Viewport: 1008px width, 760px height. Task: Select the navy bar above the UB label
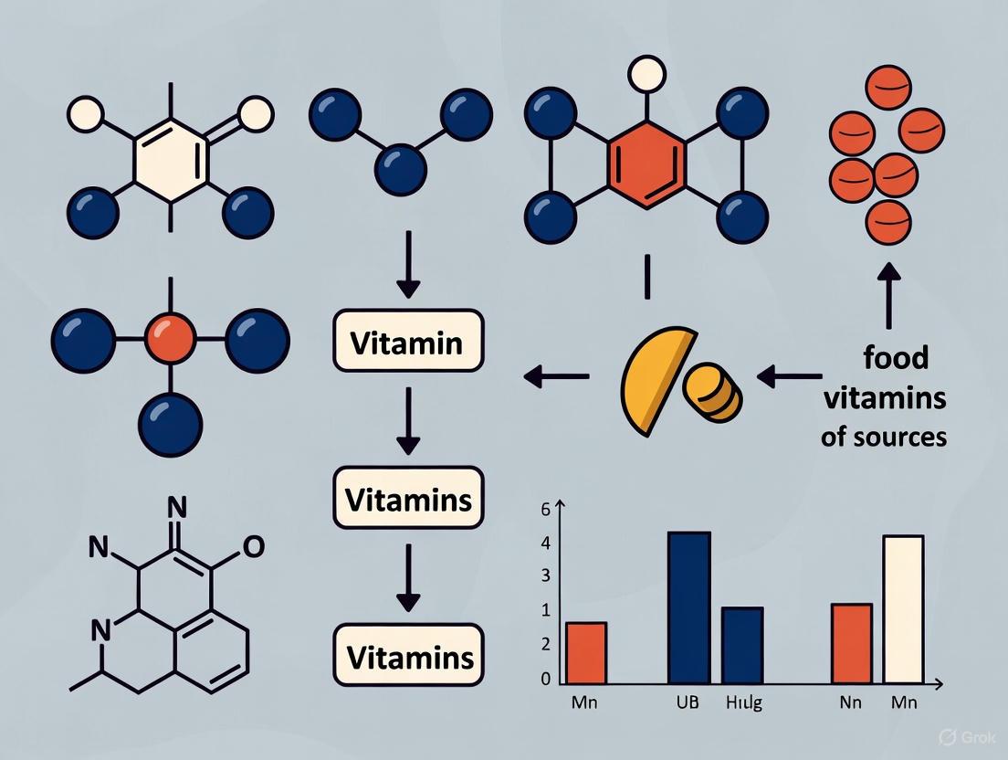689,607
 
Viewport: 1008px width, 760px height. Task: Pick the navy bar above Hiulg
742,644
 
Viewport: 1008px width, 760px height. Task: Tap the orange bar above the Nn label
852,642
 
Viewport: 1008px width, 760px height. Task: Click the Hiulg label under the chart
743,704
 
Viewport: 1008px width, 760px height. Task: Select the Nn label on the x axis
851,704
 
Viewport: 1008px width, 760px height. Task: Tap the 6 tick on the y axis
546,510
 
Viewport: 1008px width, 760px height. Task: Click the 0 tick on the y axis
546,679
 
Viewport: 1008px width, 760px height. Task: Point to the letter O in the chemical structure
255,545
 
